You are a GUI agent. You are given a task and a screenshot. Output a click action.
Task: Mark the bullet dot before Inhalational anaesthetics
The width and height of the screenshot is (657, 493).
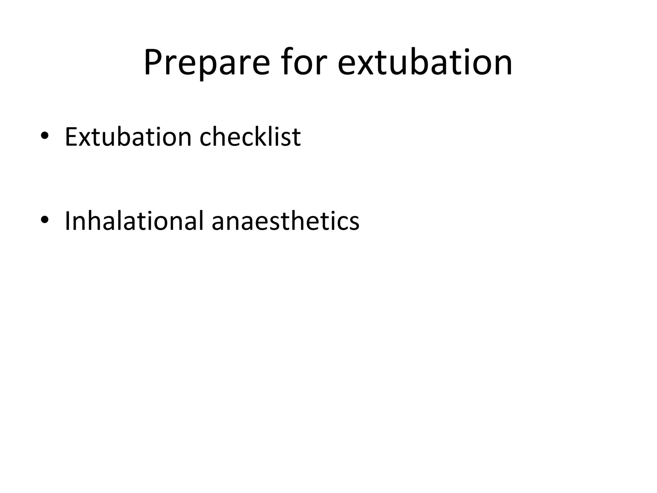click(x=45, y=220)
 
